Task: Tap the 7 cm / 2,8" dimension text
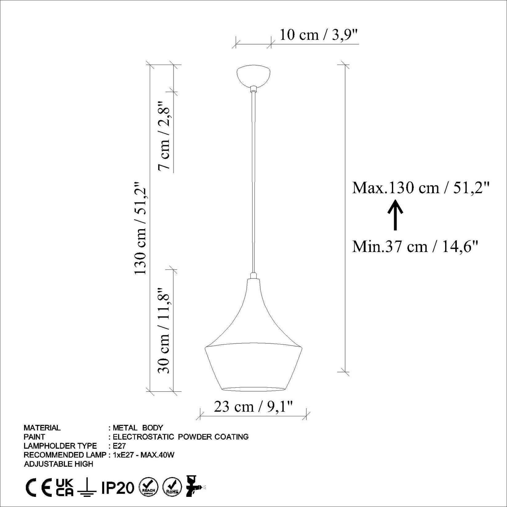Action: (164, 135)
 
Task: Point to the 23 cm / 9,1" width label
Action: (253, 407)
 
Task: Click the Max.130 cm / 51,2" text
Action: (420, 188)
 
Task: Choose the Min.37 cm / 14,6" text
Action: (415, 247)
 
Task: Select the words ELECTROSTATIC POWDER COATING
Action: (181, 437)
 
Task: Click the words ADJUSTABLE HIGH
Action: (58, 464)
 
